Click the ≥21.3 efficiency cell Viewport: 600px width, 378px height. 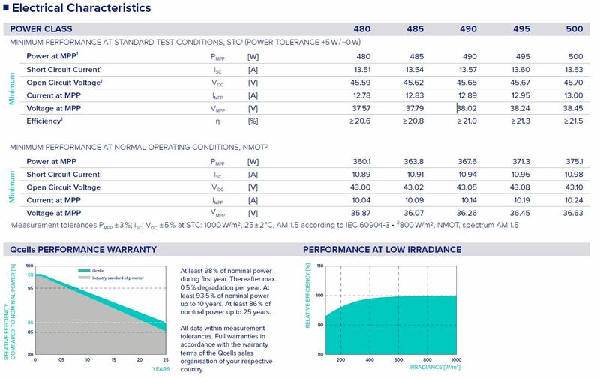pyautogui.click(x=521, y=121)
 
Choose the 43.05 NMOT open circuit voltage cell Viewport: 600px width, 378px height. pyautogui.click(x=469, y=187)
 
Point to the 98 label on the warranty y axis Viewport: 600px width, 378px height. pyautogui.click(x=30, y=274)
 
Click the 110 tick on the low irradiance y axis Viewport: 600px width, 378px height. pyautogui.click(x=319, y=265)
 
